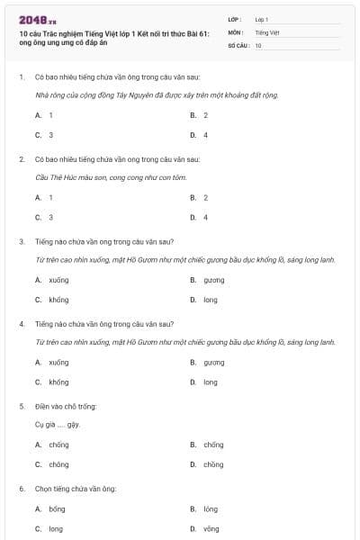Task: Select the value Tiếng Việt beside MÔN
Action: [x=267, y=31]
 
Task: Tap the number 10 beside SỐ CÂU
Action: [x=258, y=44]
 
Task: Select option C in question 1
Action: [x=44, y=135]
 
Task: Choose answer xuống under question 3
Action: [x=58, y=280]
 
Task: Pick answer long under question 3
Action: [x=210, y=300]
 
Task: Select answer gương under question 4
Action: [x=213, y=362]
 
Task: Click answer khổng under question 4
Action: [x=58, y=382]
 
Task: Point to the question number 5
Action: [x=21, y=406]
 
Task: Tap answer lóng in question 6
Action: [x=211, y=508]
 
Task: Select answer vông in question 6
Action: [x=211, y=529]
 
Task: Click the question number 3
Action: [x=21, y=240]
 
